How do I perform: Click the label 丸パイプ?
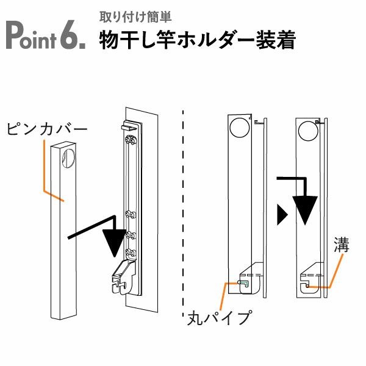(219, 318)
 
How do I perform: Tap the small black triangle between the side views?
(281, 213)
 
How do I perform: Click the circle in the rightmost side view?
(308, 129)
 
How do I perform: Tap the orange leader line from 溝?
(334, 271)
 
